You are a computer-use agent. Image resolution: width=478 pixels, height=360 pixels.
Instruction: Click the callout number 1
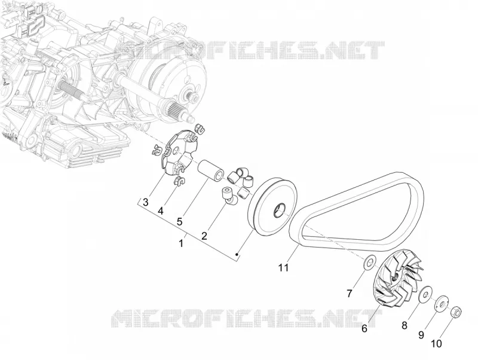pyautogui.click(x=181, y=243)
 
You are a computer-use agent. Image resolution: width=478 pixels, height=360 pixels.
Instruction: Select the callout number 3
pyautogui.click(x=146, y=202)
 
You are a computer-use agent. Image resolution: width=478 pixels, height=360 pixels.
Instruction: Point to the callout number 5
pyautogui.click(x=180, y=221)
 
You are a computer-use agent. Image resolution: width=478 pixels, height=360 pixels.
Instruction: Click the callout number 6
pyautogui.click(x=364, y=328)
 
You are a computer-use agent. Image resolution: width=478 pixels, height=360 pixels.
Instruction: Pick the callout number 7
pyautogui.click(x=350, y=293)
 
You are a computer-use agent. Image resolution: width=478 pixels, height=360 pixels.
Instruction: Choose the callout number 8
pyautogui.click(x=405, y=325)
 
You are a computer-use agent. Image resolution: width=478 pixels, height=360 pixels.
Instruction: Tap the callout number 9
pyautogui.click(x=421, y=335)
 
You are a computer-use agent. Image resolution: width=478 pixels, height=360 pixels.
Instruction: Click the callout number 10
pyautogui.click(x=437, y=344)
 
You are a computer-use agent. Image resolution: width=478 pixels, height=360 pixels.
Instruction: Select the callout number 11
pyautogui.click(x=283, y=267)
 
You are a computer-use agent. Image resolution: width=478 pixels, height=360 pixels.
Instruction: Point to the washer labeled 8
pyautogui.click(x=425, y=294)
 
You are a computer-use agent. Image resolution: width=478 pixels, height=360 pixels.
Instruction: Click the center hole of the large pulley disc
pyautogui.click(x=279, y=211)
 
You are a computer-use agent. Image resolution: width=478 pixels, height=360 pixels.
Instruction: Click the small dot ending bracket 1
pyautogui.click(x=237, y=254)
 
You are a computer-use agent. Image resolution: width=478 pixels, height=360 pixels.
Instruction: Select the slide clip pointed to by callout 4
pyautogui.click(x=177, y=181)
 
